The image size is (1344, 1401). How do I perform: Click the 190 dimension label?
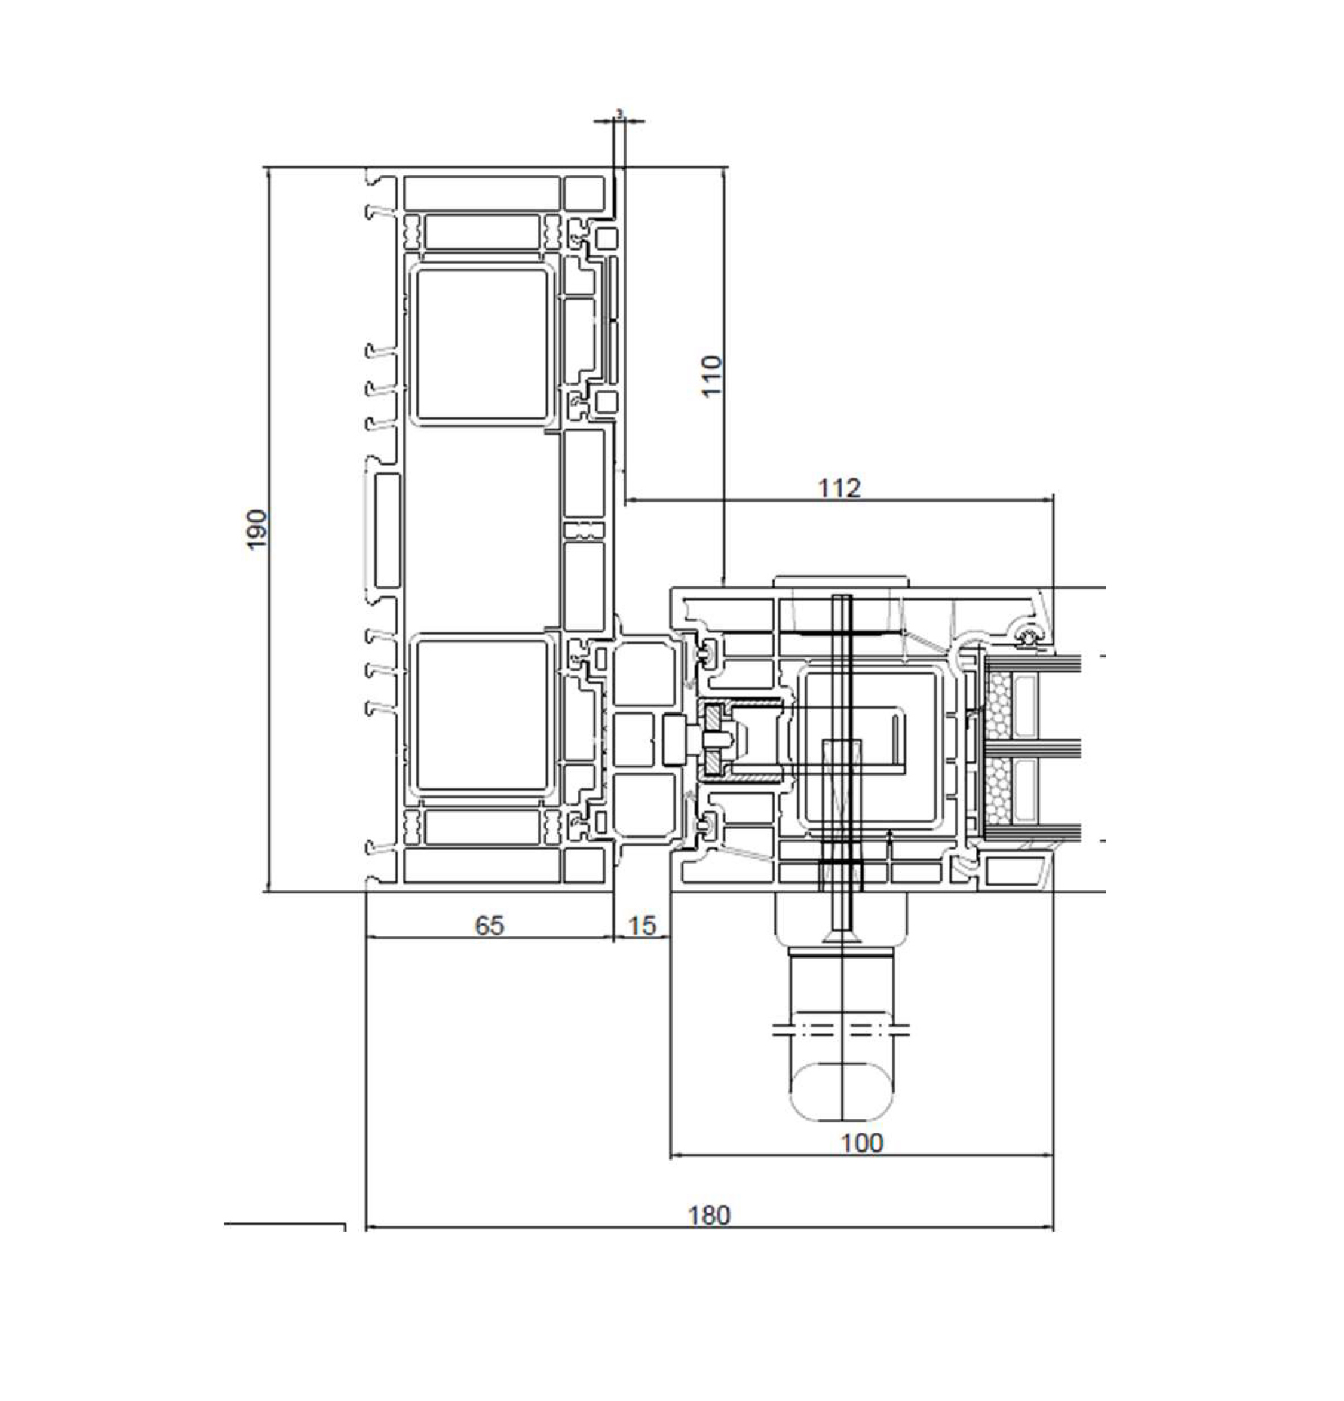[x=257, y=529]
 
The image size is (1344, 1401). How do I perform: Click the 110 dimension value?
[x=712, y=375]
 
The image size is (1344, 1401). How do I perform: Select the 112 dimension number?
[x=840, y=488]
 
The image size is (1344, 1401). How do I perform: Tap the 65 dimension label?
[x=489, y=925]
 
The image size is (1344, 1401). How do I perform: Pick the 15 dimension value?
[x=642, y=925]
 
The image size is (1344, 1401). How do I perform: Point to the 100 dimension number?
[x=862, y=1143]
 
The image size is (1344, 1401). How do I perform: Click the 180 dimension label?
[x=708, y=1215]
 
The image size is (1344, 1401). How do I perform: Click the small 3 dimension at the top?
[x=619, y=114]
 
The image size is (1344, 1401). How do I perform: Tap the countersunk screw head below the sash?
[x=841, y=934]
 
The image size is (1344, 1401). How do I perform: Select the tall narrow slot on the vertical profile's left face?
[x=386, y=530]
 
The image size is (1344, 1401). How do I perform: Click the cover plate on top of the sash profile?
[x=840, y=581]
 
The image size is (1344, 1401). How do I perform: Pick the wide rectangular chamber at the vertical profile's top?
[x=482, y=193]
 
